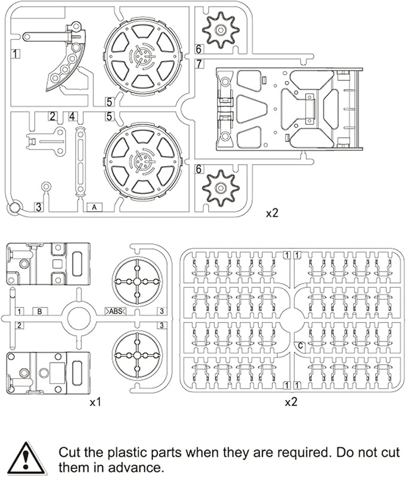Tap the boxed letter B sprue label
39,311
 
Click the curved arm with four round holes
64,63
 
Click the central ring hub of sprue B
78,317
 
